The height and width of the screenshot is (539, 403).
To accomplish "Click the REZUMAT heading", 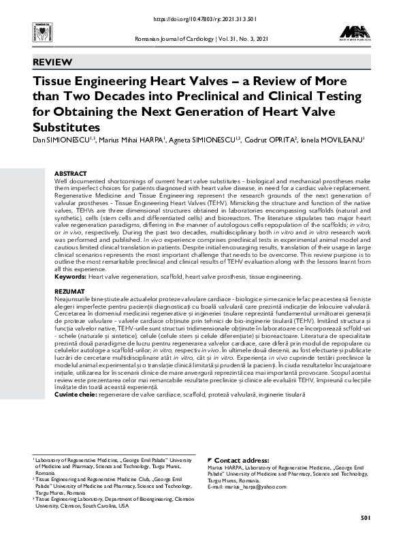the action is tap(69, 291).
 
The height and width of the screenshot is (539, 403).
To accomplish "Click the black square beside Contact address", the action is tap(209, 461).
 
